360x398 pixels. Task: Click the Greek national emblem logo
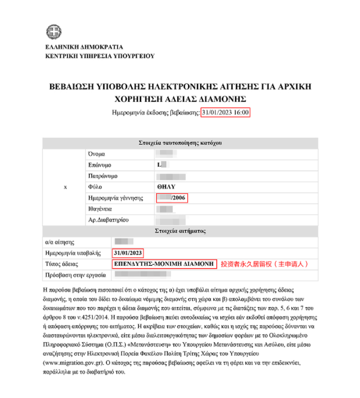(54, 31)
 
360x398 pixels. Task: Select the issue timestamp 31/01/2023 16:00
(225, 113)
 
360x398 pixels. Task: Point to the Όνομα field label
(96, 154)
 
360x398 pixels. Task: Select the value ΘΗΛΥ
(167, 187)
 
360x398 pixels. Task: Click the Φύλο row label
(95, 187)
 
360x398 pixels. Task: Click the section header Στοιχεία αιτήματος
(179, 231)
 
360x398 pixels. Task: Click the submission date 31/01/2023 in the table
(129, 253)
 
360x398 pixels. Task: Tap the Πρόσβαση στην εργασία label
(74, 275)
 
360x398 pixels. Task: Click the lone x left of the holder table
(65, 187)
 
